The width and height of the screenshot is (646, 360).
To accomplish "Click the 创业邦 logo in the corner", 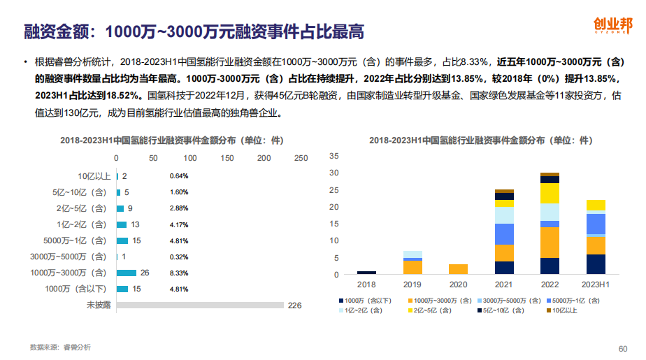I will point(612,25).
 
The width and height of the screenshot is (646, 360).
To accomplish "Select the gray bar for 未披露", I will point(200,305).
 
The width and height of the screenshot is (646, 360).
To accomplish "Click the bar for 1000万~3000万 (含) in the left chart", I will point(127,273).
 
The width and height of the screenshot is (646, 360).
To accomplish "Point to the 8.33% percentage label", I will point(179,273).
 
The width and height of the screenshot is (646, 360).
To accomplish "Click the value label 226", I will point(294,305).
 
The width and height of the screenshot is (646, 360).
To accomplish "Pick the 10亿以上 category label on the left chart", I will point(94,176).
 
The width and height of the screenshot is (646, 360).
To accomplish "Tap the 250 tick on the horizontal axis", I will point(301,159).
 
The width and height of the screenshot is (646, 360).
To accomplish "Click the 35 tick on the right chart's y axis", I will point(333,155).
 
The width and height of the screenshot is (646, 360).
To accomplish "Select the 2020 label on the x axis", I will point(458,285).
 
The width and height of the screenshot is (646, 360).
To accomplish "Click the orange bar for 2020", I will point(458,269).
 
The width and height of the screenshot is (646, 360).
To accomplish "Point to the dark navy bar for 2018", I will point(366,273).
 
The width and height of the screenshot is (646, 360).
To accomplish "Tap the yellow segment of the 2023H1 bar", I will point(596,205).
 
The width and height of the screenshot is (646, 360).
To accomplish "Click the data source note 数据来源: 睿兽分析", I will point(60,347).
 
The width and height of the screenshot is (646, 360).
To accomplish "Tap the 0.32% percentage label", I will point(179,257).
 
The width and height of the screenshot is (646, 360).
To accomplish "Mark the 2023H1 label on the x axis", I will point(596,285).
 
